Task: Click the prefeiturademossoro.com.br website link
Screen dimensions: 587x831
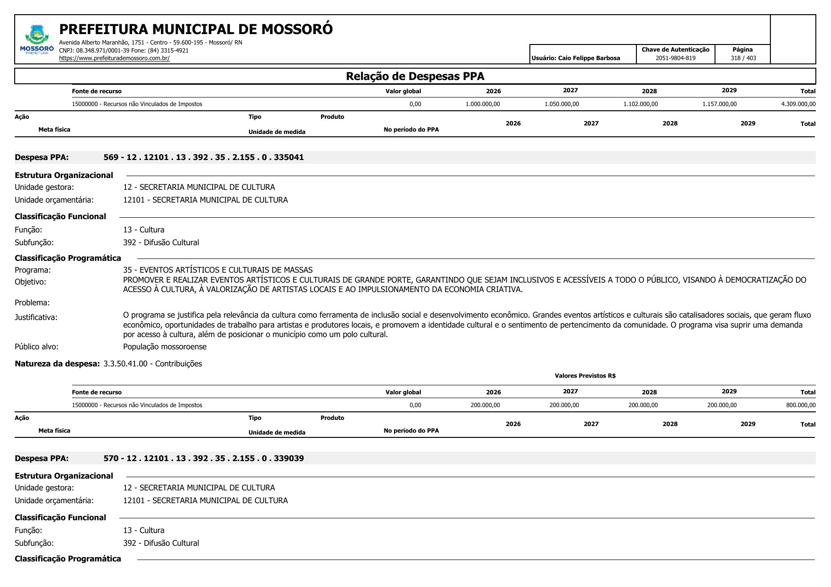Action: tap(114, 58)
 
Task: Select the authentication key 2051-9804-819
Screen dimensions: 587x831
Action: tap(675, 58)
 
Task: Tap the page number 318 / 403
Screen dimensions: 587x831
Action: tap(743, 58)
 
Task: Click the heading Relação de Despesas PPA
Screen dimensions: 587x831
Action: tap(415, 76)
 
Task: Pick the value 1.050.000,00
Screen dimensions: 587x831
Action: tap(562, 104)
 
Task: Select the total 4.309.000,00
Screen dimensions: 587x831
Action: tap(798, 104)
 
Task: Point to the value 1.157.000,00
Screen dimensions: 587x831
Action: tap(719, 104)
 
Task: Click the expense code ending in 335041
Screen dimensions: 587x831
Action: tap(204, 157)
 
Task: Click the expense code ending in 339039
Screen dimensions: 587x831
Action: tap(204, 458)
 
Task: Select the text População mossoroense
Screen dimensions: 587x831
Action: tap(165, 347)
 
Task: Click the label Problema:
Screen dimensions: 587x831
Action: tap(32, 302)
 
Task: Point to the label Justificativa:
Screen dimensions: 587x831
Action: tap(36, 317)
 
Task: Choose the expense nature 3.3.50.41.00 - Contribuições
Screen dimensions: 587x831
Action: tap(152, 364)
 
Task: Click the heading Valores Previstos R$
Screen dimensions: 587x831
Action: tap(585, 376)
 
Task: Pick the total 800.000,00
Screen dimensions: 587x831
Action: tap(801, 405)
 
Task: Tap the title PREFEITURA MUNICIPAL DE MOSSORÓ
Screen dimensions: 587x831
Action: tap(196, 29)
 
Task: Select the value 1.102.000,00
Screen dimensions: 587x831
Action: tap(640, 104)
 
